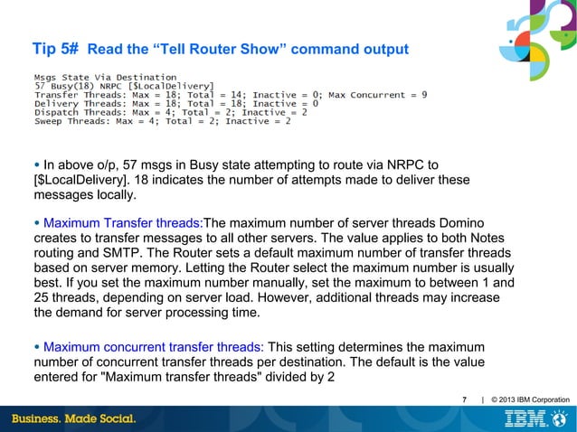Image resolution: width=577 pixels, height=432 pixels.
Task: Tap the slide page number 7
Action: (x=465, y=399)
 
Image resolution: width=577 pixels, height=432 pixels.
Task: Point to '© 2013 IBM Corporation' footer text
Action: (x=529, y=399)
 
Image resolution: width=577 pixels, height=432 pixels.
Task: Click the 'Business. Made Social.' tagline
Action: (x=73, y=419)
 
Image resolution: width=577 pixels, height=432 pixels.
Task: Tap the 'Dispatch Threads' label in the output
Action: (x=78, y=112)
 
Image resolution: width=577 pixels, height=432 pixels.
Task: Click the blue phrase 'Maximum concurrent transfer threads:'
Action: (x=154, y=347)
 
